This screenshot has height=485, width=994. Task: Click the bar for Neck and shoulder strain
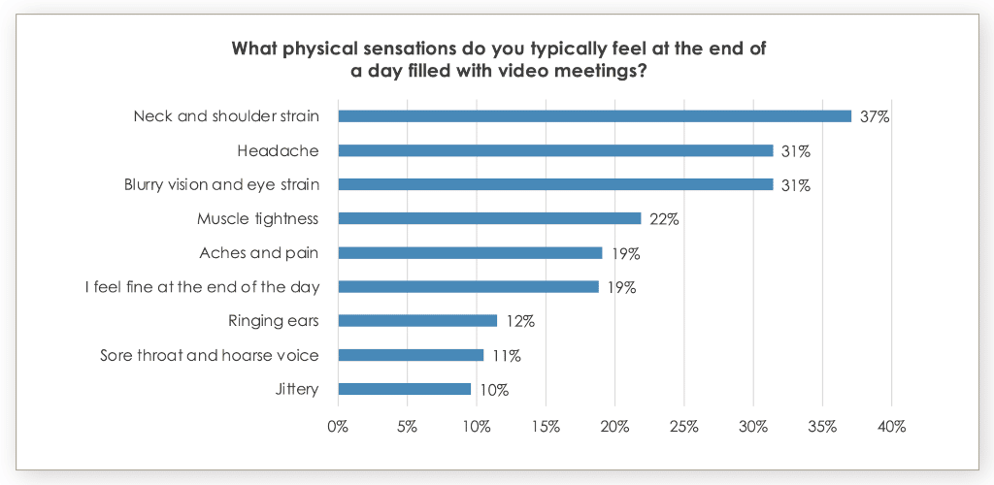point(594,116)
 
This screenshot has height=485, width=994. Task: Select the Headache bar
point(555,150)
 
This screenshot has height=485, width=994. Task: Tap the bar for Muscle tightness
point(489,218)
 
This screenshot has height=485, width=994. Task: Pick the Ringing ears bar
point(417,320)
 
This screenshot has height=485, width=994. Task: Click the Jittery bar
point(404,389)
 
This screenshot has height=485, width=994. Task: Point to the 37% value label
point(875,117)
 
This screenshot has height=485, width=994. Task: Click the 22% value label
point(664,219)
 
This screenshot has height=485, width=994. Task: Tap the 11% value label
point(506,356)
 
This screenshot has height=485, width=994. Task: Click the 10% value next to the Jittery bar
point(493,390)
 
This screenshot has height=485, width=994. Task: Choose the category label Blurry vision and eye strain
point(221,184)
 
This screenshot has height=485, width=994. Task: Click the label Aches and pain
point(259,252)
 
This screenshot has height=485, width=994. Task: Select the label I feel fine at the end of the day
point(203,287)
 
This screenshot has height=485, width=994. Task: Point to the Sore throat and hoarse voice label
point(210,355)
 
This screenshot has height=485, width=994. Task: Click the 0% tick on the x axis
point(338,427)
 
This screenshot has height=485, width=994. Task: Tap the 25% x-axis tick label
point(683,427)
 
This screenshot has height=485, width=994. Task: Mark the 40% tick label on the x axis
point(891,427)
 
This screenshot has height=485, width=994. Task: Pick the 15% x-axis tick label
point(546,427)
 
